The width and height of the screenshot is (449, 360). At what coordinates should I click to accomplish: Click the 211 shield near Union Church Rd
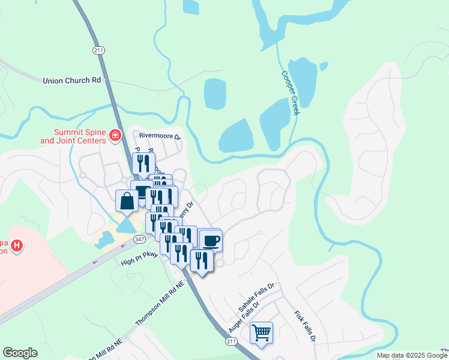click(x=99, y=50)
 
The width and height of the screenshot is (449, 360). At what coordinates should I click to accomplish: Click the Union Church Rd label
click(x=71, y=80)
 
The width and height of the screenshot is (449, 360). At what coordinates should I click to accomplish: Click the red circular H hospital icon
click(x=17, y=245)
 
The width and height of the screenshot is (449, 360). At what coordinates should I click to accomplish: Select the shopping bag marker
click(x=127, y=201)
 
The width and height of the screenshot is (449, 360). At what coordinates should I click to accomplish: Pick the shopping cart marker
click(x=261, y=332)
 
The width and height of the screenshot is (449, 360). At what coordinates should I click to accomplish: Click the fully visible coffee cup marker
click(x=210, y=241)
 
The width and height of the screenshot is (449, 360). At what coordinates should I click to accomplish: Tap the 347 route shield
click(x=139, y=239)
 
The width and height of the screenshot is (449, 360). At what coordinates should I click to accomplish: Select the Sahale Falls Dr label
click(x=256, y=297)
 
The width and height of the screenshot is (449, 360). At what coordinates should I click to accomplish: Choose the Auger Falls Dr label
click(x=244, y=317)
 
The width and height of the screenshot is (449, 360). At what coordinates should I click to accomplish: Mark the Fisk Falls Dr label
click(x=304, y=326)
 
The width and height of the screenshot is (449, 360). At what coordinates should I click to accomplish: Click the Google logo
click(x=20, y=353)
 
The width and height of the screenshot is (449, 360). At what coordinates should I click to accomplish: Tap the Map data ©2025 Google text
click(x=412, y=355)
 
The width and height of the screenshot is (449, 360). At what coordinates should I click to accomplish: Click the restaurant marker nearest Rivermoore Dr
click(x=143, y=163)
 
